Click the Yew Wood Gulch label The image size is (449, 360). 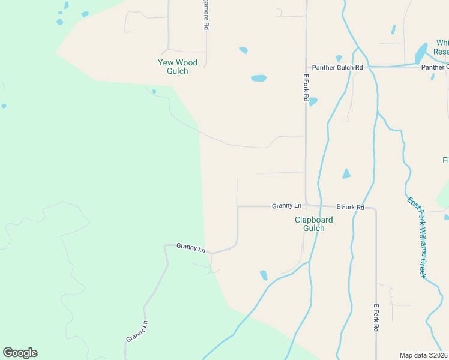tap(173, 67)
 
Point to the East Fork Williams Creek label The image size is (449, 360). tap(416, 238)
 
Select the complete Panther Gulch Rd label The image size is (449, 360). tap(338, 68)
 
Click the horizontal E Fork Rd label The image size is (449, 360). tap(350, 207)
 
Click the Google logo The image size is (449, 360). tap(20, 353)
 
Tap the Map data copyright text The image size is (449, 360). tap(423, 355)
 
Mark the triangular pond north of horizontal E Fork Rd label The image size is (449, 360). tap(346, 174)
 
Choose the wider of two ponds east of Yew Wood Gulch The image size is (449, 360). tap(258, 78)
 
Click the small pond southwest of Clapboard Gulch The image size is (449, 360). tap(264, 275)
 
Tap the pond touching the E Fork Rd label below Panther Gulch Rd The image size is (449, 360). tap(313, 101)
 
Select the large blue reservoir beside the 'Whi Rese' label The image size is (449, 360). tap(421, 54)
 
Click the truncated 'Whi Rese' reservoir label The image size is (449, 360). tap(441, 47)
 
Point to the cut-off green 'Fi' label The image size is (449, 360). tap(445, 161)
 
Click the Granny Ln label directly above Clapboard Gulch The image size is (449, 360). tap(283, 205)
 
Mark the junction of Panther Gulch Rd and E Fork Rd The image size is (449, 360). tap(306, 68)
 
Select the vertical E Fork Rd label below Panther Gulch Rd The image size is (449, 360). tap(306, 88)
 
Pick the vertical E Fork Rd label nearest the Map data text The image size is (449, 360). tap(376, 318)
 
